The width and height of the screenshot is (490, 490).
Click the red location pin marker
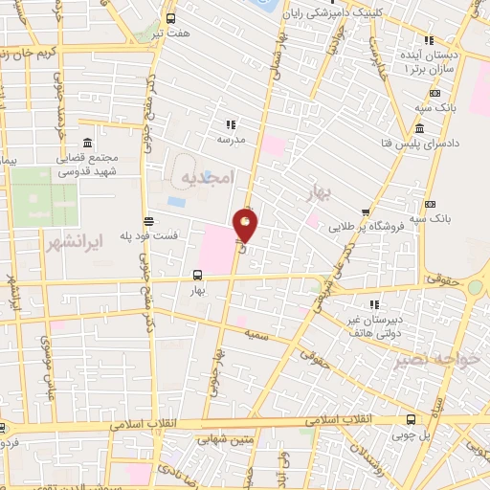tap(246, 226)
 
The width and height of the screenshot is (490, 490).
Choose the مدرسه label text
tap(231, 139)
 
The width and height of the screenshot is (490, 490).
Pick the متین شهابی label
tap(222, 441)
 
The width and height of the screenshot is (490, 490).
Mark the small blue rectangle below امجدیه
tap(177, 202)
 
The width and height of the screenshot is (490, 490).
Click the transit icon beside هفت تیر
tap(170, 18)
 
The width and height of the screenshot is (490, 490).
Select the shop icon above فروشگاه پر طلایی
tap(365, 213)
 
